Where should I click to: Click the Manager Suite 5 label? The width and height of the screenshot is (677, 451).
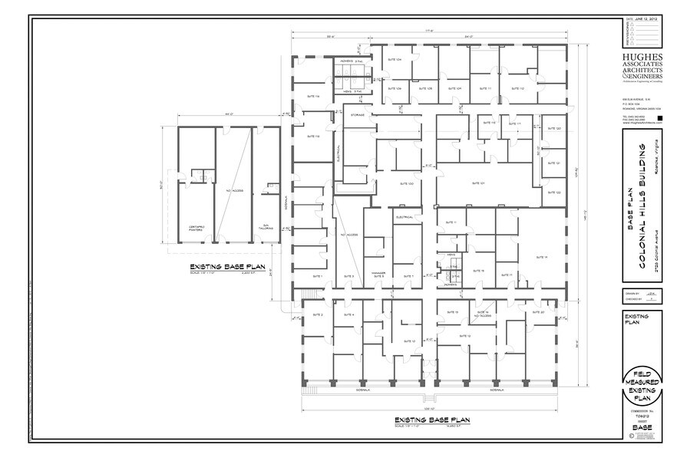(x=378, y=273)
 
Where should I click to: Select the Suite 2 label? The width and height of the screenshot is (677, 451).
(x=317, y=314)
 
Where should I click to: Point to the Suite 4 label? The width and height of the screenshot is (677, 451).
(x=348, y=314)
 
